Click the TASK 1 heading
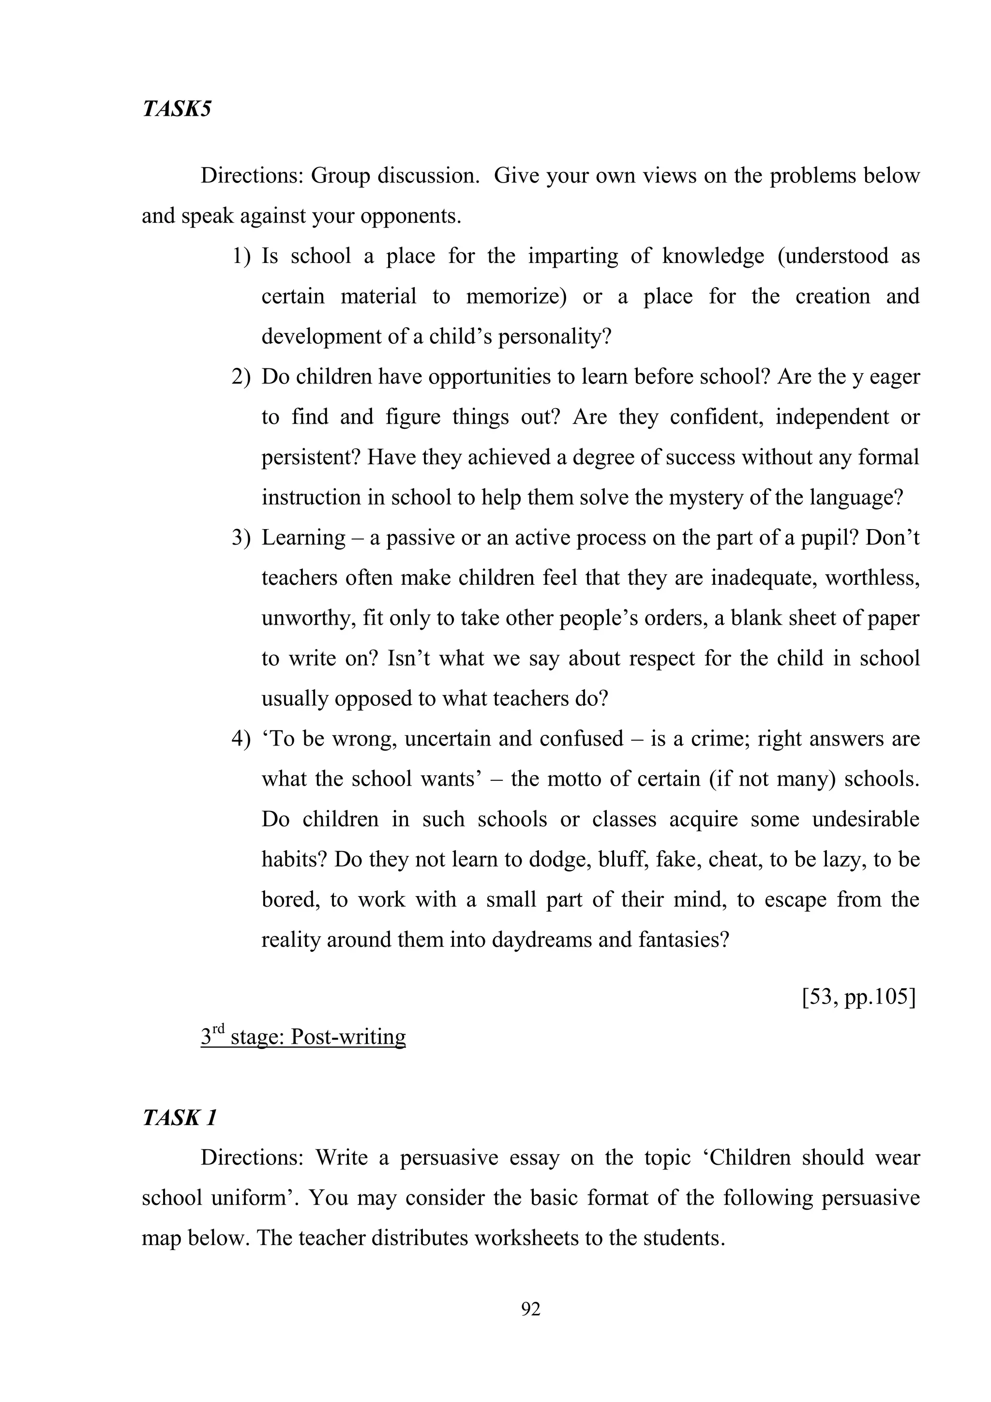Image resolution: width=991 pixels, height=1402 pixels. coord(180,1118)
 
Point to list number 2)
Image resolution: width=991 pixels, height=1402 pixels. coord(241,377)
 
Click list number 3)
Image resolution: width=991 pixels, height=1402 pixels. coord(241,538)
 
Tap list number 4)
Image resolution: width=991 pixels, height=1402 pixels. coord(241,739)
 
